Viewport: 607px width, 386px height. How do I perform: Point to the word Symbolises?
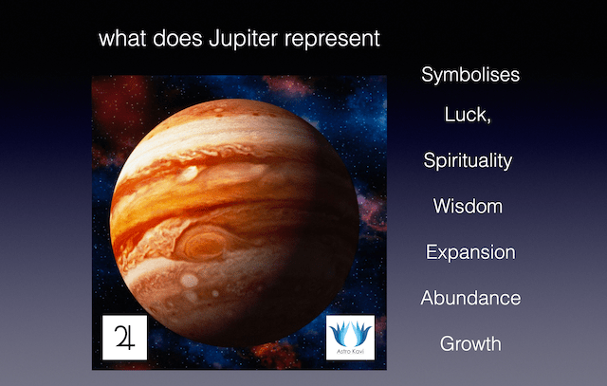(x=470, y=75)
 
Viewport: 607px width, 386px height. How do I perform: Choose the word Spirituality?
(x=468, y=161)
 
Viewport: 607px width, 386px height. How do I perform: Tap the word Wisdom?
(x=468, y=206)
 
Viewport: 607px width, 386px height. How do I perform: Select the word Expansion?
(x=470, y=253)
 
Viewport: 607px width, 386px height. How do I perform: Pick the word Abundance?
(x=470, y=298)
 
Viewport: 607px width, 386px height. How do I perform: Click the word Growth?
(x=469, y=343)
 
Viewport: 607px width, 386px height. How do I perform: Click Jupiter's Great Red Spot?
(x=201, y=246)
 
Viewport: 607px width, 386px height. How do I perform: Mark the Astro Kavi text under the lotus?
(x=351, y=353)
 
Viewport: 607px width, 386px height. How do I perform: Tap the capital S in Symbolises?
(x=428, y=75)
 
